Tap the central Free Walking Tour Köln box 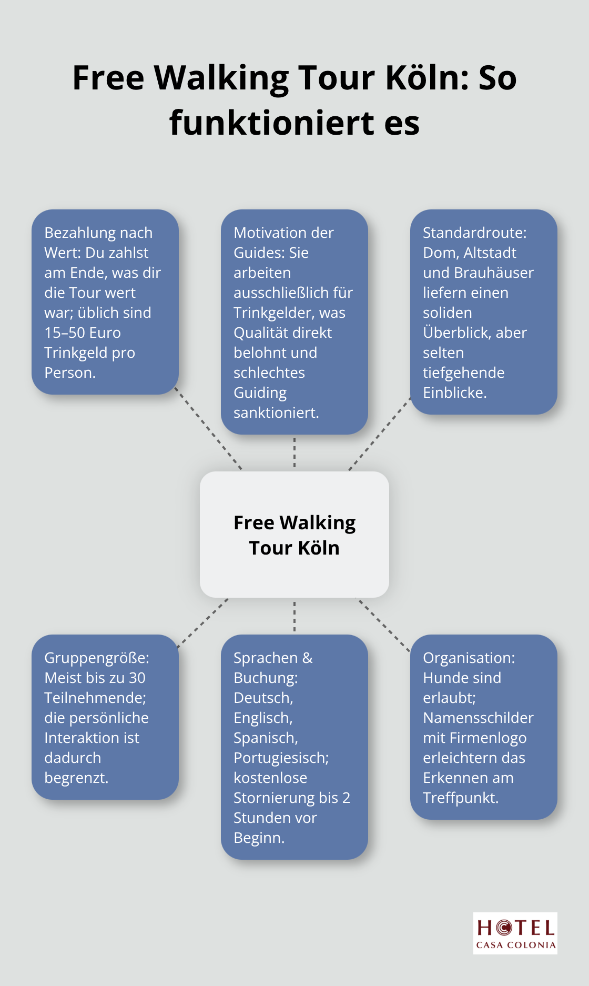click(x=294, y=535)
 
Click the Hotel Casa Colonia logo click(x=515, y=933)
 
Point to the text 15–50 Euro click(x=83, y=333)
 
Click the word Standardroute click(x=474, y=233)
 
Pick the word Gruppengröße click(x=96, y=658)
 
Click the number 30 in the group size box click(x=137, y=678)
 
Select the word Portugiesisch click(x=281, y=758)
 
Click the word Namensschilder click(x=478, y=718)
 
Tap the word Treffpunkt click(x=460, y=798)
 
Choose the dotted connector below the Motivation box click(x=294, y=452)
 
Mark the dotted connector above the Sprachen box click(x=294, y=616)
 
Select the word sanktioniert click(x=276, y=412)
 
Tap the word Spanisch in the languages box click(x=265, y=738)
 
